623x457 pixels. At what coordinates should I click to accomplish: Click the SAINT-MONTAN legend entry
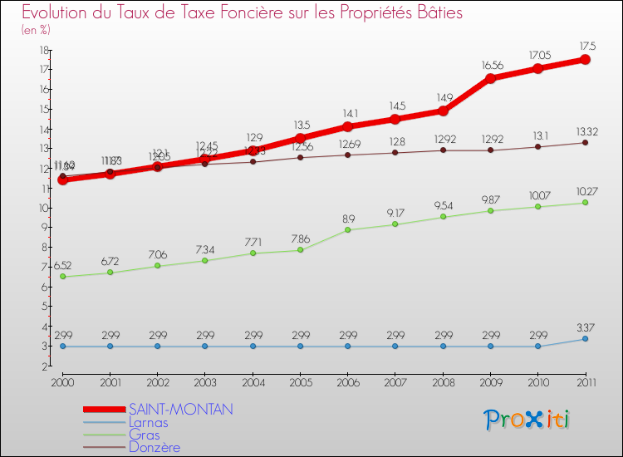click(x=181, y=410)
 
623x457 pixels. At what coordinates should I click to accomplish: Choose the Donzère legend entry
click(x=154, y=447)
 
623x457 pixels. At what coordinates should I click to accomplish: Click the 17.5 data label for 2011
click(x=586, y=45)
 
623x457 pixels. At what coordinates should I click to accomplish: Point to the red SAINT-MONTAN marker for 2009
click(x=491, y=78)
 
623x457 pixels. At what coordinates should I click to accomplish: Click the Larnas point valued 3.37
click(x=586, y=339)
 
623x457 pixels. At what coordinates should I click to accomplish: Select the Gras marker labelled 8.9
click(x=348, y=230)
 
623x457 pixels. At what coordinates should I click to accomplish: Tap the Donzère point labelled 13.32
click(x=586, y=143)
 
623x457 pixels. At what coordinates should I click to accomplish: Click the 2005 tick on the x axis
click(x=301, y=382)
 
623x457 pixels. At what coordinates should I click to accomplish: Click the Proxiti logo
click(x=527, y=420)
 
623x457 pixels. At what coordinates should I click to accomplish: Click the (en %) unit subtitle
click(x=36, y=29)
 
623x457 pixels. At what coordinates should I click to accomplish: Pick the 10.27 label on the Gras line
click(x=586, y=191)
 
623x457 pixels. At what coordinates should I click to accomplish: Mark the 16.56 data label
click(x=491, y=64)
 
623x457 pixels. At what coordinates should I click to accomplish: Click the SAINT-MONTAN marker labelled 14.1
click(x=348, y=126)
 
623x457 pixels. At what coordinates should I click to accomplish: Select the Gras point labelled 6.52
click(x=62, y=277)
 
